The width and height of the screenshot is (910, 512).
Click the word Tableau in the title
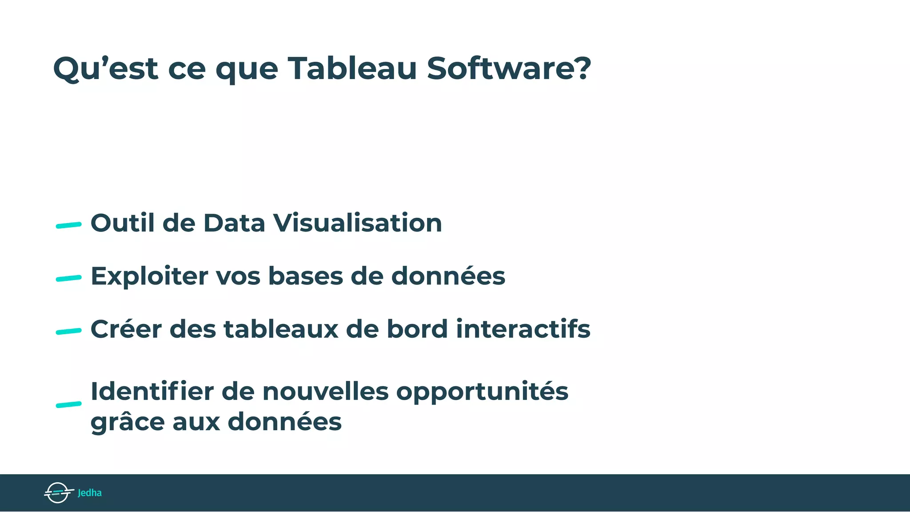pos(352,69)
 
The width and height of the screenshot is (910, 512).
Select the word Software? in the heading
pos(509,69)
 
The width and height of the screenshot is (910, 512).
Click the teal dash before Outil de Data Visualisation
pos(68,225)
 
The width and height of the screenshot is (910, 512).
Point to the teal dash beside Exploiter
pos(68,279)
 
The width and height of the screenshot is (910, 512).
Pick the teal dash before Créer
pos(68,332)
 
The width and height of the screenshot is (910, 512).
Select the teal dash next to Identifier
pos(68,404)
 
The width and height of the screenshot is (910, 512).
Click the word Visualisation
pos(357,223)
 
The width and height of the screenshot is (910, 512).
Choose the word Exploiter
pos(149,276)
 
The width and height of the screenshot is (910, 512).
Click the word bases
pos(305,276)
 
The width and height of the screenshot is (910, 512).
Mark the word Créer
pos(126,329)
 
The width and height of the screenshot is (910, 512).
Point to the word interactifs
pos(523,329)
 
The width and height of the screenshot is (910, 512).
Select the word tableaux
pos(281,329)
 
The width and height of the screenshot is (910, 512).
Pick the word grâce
pos(128,422)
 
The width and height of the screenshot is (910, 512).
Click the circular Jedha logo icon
pos(58,492)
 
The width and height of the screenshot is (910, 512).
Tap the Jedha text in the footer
pos(90,493)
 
